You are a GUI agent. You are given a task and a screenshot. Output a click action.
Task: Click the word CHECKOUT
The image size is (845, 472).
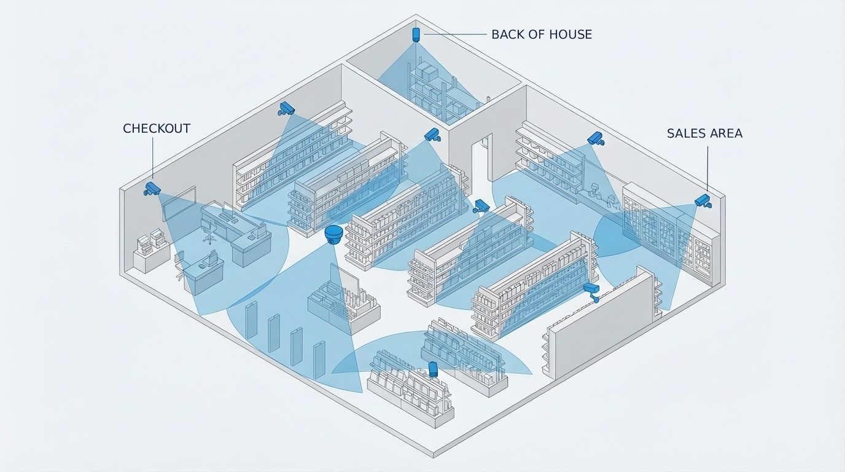157,128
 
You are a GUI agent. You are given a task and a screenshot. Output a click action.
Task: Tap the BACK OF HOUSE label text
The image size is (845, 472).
542,34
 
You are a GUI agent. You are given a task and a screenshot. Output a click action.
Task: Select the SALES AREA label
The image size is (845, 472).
704,133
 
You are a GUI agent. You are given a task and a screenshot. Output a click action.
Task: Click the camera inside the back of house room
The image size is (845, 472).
416,34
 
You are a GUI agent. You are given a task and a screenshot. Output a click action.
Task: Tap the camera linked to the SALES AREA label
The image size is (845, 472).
703,200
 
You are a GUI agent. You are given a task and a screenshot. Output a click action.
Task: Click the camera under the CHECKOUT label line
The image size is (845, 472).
152,188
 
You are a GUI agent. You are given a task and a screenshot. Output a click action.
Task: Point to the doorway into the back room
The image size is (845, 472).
481,159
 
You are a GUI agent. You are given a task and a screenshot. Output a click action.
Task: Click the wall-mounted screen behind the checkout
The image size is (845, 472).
179,202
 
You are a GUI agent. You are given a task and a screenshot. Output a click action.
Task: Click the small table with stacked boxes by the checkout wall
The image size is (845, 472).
151,252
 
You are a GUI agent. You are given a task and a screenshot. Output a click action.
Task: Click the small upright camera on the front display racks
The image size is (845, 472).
433,369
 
